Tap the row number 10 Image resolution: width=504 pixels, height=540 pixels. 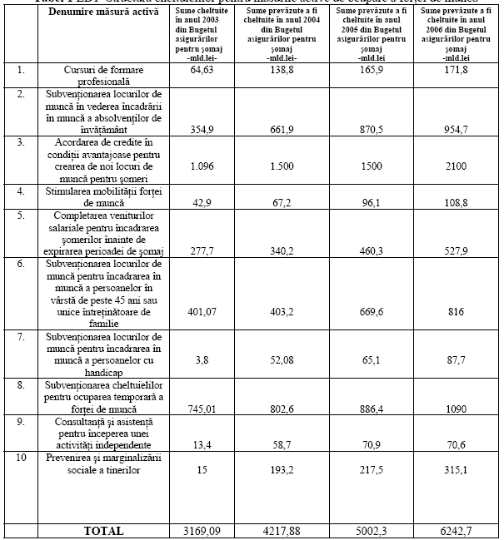pos(22,458)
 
